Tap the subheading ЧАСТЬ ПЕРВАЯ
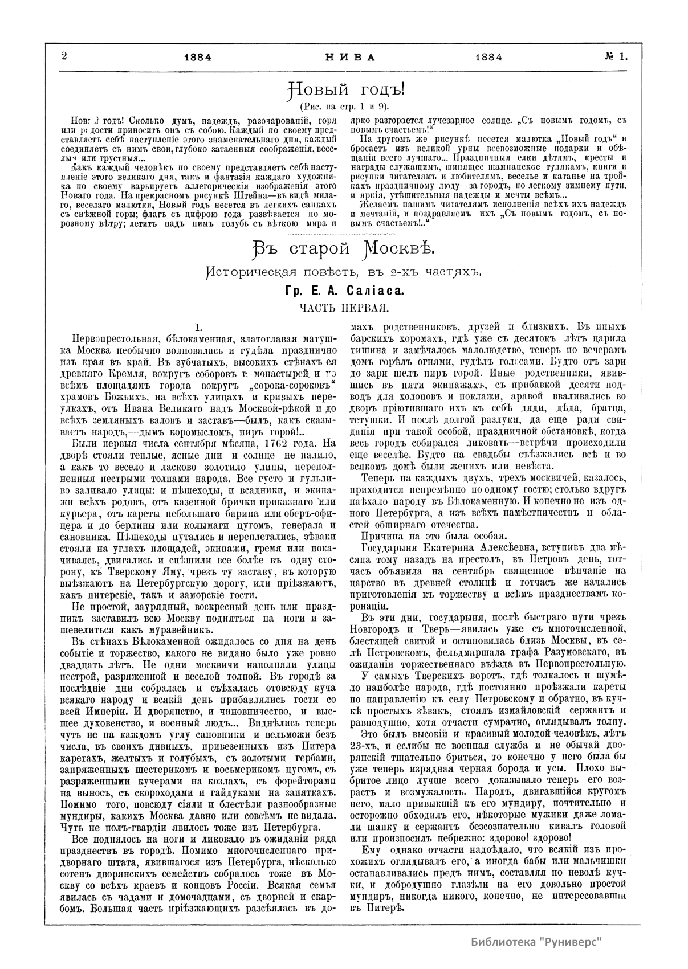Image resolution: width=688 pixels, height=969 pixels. [x=344, y=308]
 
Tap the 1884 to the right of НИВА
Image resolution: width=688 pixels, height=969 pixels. [x=487, y=57]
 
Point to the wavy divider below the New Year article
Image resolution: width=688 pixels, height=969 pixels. [x=344, y=234]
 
